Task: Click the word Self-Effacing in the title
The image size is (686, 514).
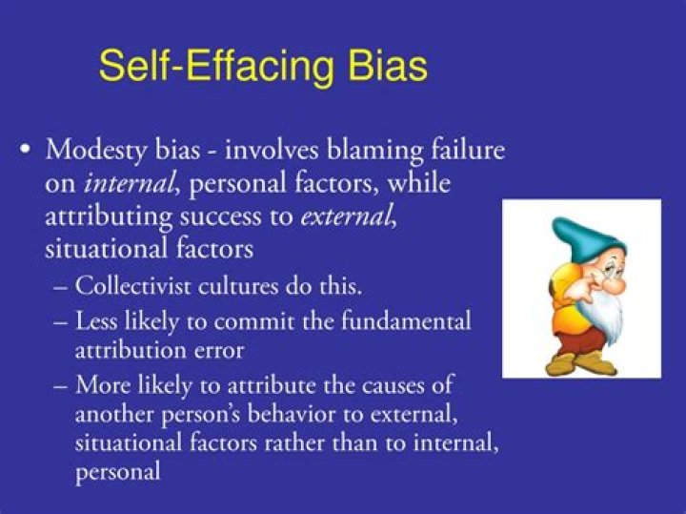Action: [214, 67]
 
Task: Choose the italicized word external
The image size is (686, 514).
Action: [345, 216]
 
